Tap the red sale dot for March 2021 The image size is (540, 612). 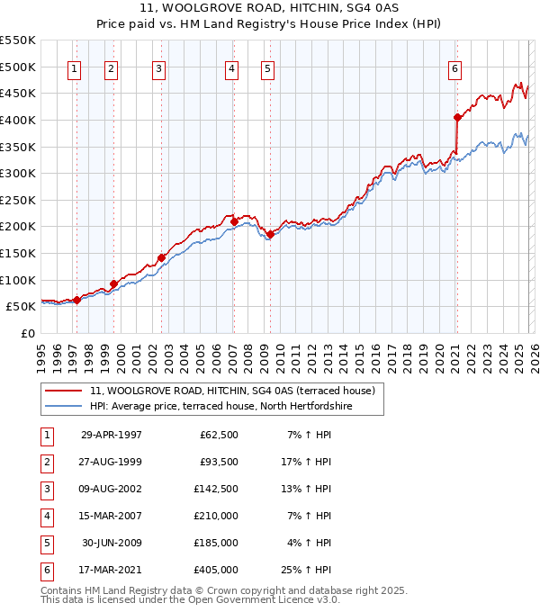(x=457, y=117)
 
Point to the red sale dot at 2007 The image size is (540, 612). (x=235, y=220)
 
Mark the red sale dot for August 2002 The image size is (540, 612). (x=162, y=257)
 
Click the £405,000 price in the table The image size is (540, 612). (x=216, y=569)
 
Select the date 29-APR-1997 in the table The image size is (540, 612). (x=112, y=434)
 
